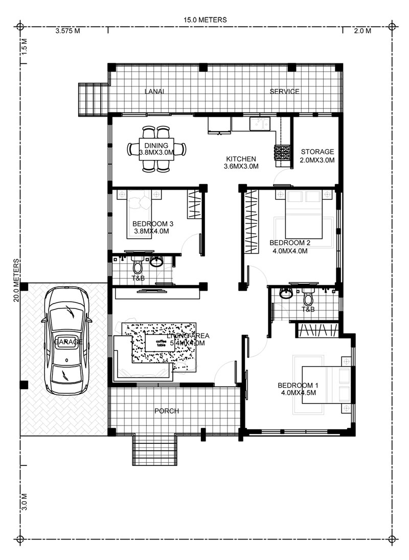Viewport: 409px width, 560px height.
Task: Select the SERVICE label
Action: coord(284,92)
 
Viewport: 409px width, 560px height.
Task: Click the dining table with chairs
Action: coord(156,149)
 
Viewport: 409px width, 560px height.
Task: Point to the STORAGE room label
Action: coord(317,152)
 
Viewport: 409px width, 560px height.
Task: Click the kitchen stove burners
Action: coord(282,152)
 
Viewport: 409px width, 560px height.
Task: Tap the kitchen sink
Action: coord(259,124)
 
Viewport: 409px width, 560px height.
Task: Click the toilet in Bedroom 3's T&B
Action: coord(137,265)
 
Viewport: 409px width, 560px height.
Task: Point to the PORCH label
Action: coord(166,411)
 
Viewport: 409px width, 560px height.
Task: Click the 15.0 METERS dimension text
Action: coord(205,20)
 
